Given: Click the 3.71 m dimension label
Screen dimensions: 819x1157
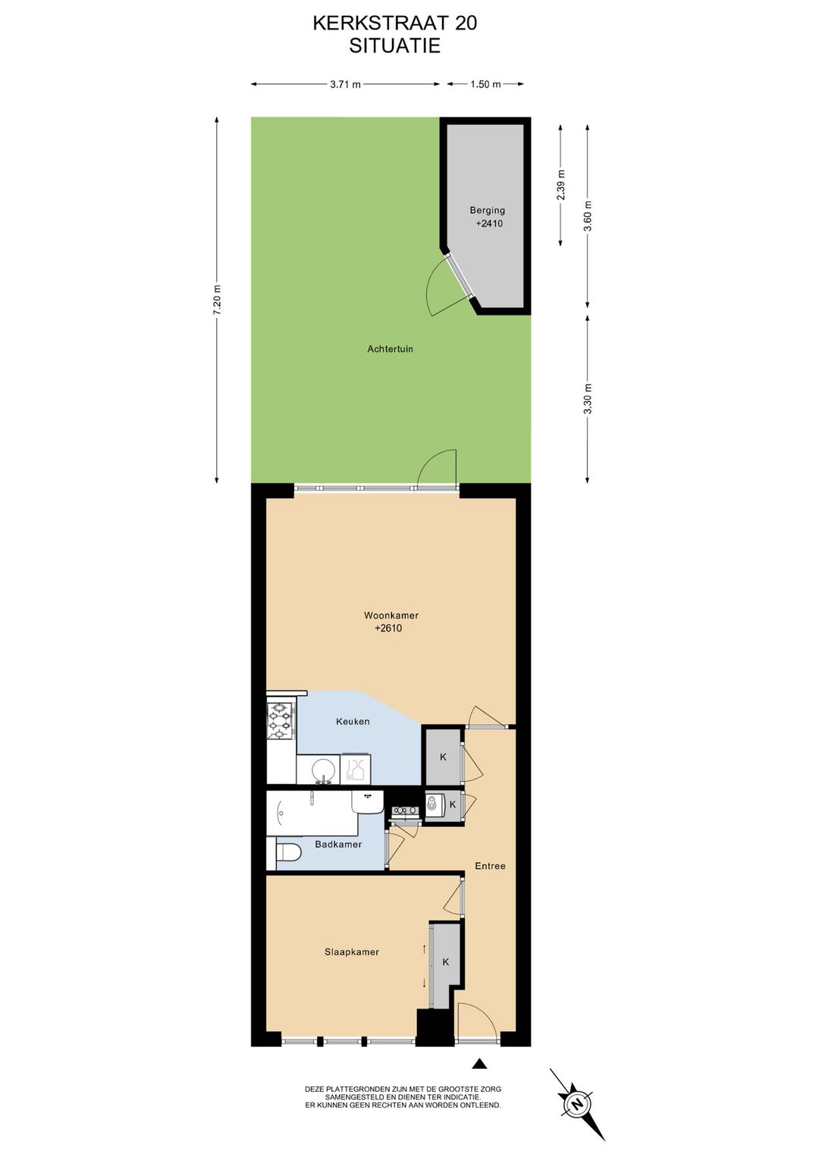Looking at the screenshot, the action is (x=345, y=84).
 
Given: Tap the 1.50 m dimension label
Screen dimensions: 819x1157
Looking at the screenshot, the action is (x=485, y=84).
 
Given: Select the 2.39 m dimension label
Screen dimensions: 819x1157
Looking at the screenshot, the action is (x=561, y=185).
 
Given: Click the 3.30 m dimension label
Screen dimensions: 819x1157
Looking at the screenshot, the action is (x=587, y=399).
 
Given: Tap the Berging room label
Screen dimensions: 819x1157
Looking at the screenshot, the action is (x=488, y=210).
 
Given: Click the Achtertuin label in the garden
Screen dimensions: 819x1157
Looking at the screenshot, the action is (x=390, y=349).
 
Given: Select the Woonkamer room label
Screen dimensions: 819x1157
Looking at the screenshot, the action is (x=391, y=615).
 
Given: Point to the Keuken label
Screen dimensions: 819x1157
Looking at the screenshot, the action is (x=353, y=721).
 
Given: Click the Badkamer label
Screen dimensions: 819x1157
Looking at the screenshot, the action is (x=338, y=844).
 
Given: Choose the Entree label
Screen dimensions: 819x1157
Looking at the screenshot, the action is (x=491, y=866).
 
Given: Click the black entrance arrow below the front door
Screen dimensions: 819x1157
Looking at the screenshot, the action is (x=481, y=1063).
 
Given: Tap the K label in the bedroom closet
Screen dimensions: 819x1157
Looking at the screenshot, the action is (x=445, y=961).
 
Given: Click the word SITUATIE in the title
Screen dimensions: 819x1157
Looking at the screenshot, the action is (x=395, y=46).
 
